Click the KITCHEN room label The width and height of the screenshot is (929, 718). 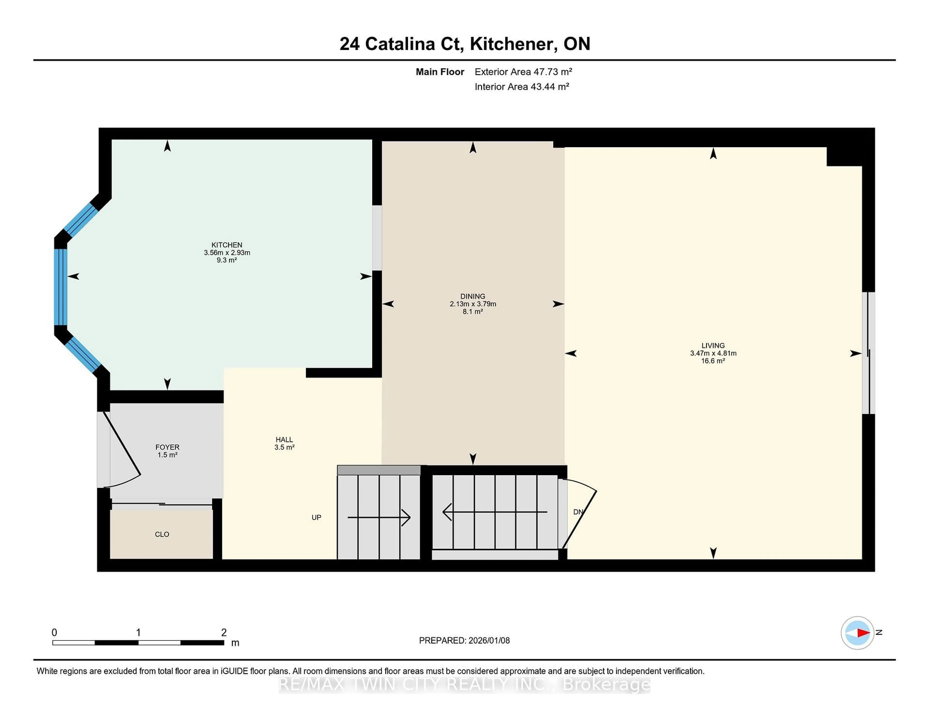(x=227, y=245)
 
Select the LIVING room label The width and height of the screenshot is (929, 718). (x=713, y=346)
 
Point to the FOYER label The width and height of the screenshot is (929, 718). (x=167, y=447)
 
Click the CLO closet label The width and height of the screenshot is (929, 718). (x=162, y=534)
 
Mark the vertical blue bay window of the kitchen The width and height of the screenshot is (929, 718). (x=60, y=287)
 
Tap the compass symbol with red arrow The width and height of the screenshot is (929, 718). (x=857, y=633)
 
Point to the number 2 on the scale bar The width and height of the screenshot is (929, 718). (x=224, y=633)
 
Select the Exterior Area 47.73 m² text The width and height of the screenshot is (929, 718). (x=523, y=72)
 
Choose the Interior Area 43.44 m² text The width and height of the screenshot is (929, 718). (x=522, y=87)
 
